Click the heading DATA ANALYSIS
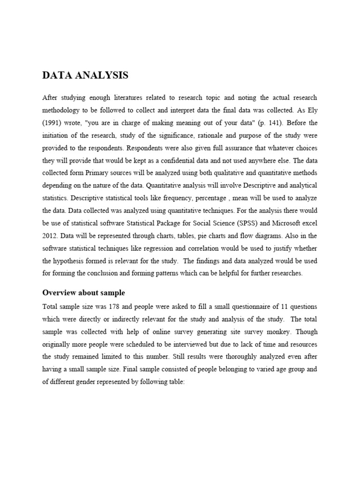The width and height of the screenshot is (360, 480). (x=85, y=75)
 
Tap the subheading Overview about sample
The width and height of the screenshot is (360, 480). (x=83, y=293)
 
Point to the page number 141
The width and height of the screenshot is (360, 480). (x=271, y=123)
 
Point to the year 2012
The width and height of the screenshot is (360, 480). (x=50, y=235)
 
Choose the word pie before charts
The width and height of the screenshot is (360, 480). (x=212, y=235)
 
